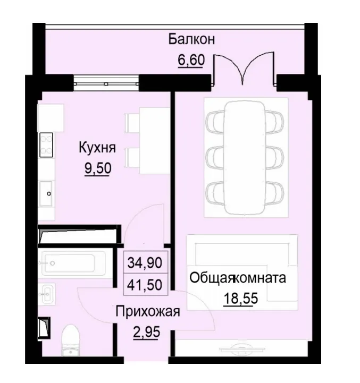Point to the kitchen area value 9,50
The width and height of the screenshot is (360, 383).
[x=97, y=168]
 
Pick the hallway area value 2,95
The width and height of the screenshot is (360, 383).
[x=146, y=334]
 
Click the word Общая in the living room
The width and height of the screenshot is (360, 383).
[x=212, y=277]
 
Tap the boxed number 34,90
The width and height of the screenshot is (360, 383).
[x=146, y=262]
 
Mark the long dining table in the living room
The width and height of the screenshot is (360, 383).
[x=245, y=158]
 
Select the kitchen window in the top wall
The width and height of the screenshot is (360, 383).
[x=106, y=82]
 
